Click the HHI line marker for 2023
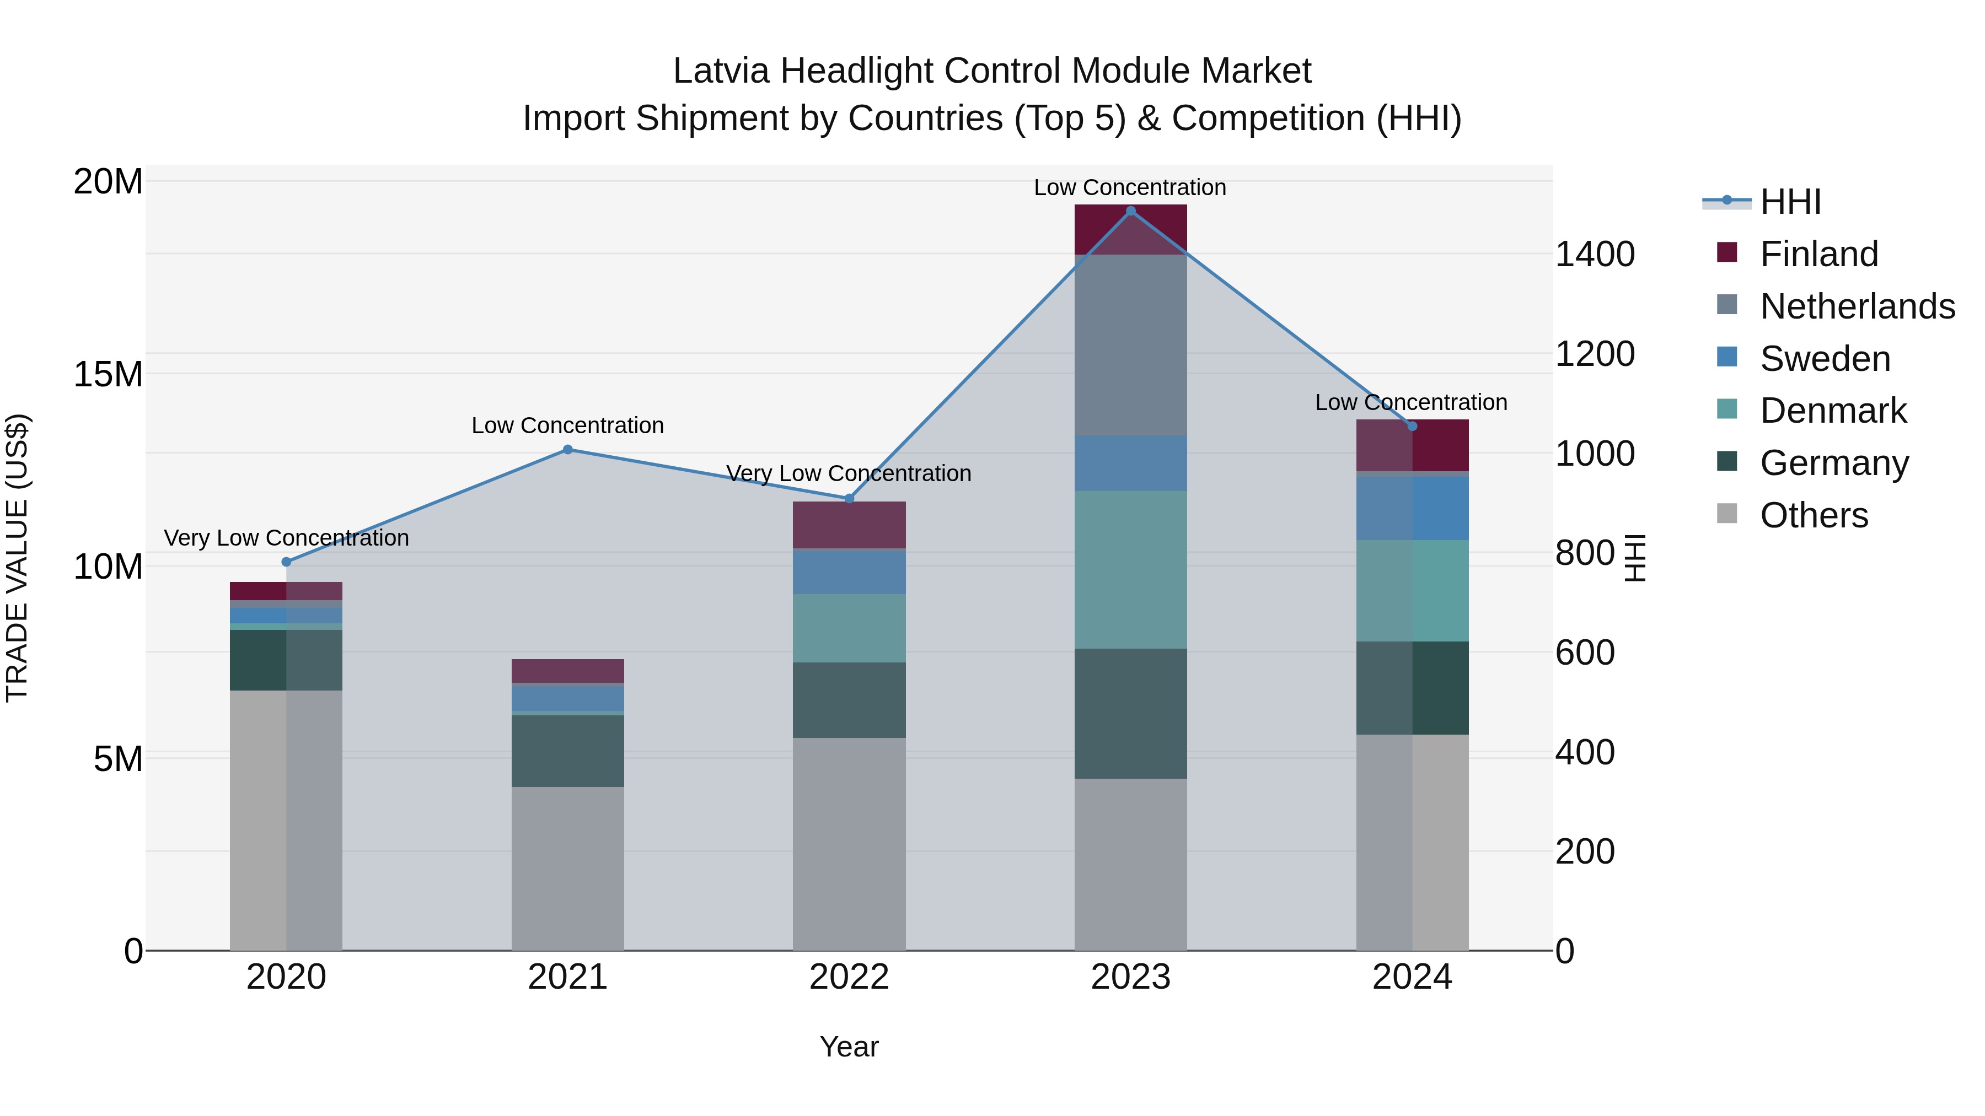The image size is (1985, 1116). coord(1130,211)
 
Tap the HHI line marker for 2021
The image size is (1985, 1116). coord(567,449)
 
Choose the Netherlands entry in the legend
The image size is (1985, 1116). coord(1857,306)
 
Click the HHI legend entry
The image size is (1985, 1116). coord(1790,201)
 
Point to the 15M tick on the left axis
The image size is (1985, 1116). coord(108,374)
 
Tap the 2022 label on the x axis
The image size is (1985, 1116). coord(849,977)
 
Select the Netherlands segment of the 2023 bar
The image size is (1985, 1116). coord(1130,344)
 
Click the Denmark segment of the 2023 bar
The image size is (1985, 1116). coord(1130,569)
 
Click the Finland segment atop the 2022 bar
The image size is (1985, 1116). coord(849,525)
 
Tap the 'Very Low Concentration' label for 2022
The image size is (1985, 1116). coord(849,473)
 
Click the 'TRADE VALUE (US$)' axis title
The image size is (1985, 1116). coord(17,558)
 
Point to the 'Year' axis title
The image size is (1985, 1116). coord(849,1047)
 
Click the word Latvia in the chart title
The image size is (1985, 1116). coord(721,71)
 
